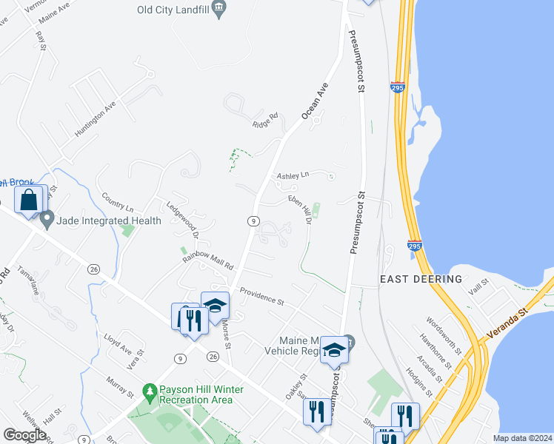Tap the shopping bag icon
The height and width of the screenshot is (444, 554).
coord(29,200)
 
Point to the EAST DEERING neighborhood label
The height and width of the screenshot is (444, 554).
coord(421,279)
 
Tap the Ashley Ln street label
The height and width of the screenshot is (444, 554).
coord(292,176)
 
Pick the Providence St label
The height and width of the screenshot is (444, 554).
coord(261,297)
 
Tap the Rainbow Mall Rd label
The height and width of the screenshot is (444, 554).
coord(209,259)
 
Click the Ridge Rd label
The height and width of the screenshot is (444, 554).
coord(264,121)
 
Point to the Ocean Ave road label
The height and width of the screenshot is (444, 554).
coord(315,101)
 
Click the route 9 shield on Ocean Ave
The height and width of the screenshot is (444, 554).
coord(253,221)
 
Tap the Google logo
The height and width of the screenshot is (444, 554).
coord(24,435)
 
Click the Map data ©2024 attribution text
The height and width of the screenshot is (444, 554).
coord(522,438)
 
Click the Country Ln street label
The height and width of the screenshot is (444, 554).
coord(118,203)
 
